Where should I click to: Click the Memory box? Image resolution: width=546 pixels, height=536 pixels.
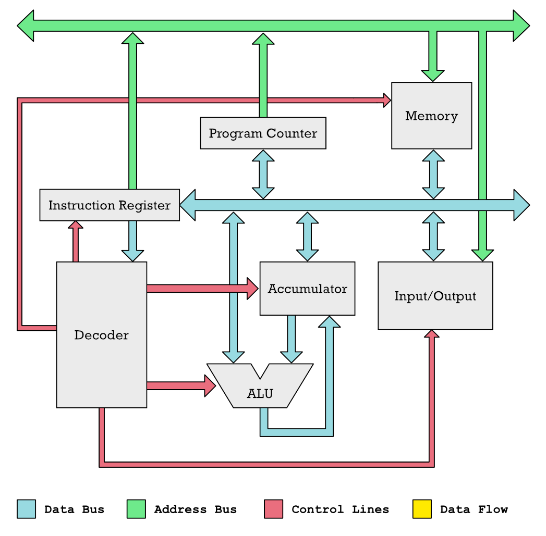[431, 116]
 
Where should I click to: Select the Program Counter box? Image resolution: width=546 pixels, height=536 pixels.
[263, 133]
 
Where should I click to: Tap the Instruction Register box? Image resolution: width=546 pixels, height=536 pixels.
[110, 205]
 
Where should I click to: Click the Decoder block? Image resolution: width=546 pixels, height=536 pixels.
[101, 334]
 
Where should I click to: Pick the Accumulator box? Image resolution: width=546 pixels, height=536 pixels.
[307, 289]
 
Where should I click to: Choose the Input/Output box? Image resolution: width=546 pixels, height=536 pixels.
[435, 296]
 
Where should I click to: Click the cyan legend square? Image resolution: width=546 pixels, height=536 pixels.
[26, 509]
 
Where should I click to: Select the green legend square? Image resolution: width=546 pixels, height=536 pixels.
[136, 509]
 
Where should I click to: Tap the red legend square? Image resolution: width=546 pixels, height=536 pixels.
[273, 509]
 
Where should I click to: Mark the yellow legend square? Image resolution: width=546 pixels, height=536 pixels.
[422, 509]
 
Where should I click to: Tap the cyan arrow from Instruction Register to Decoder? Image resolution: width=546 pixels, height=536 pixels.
[132, 240]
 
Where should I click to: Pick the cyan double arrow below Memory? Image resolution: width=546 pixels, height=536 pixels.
[433, 174]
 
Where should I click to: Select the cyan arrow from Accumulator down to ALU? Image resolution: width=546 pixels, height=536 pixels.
[291, 339]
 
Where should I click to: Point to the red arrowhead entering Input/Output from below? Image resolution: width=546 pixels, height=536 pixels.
[432, 334]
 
